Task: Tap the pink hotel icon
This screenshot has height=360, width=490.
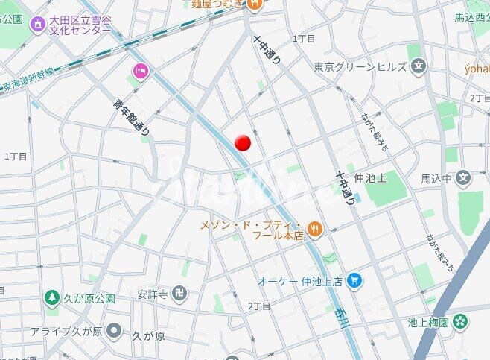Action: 139,71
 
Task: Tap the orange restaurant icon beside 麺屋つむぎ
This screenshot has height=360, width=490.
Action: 255,4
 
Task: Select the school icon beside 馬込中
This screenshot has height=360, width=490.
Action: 464,178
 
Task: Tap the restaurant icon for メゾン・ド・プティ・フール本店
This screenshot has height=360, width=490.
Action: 316,230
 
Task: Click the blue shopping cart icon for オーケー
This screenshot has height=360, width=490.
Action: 356,281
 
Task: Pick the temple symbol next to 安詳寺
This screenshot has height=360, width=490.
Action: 178,293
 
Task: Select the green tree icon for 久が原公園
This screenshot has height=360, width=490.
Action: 52,299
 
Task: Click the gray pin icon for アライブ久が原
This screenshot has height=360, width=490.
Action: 114,330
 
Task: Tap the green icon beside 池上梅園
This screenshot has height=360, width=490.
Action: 461,322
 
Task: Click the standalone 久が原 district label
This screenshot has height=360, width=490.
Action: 148,335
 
